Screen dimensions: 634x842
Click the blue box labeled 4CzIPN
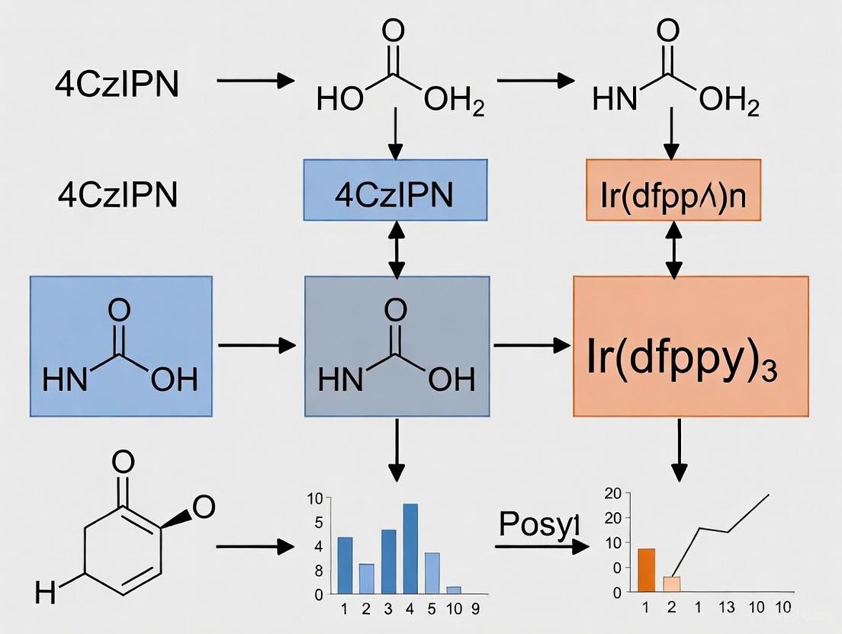click(395, 195)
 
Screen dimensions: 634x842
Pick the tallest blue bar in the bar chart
click(410, 548)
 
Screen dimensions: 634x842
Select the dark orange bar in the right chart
click(646, 570)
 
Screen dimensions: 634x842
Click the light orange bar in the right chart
click(671, 584)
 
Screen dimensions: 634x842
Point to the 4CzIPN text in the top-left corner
click(117, 84)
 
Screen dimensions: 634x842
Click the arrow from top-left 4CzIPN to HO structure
click(255, 79)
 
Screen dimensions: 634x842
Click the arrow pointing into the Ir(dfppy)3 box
click(532, 347)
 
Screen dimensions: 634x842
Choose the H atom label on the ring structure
click(46, 591)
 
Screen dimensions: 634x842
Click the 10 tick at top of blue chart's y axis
click(315, 500)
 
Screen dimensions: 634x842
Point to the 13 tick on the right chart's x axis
click(726, 607)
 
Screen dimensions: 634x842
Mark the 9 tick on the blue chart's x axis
click(474, 609)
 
